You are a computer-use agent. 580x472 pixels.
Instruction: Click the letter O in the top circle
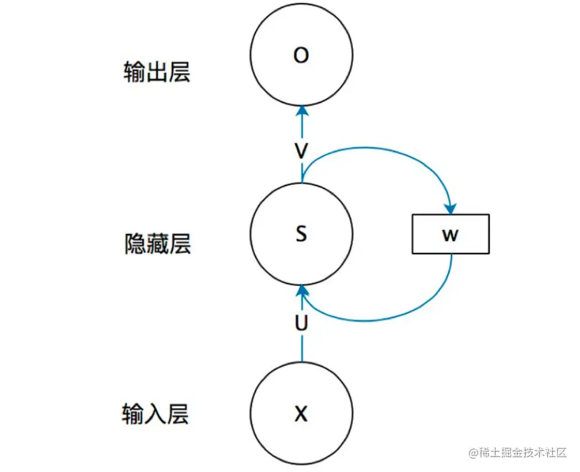tap(301, 56)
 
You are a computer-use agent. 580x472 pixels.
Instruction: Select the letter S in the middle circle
tap(301, 234)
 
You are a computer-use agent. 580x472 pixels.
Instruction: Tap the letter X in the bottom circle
tap(301, 415)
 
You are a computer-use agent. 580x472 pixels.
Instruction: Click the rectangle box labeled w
tap(450, 234)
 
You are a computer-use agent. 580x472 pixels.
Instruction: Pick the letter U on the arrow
tap(301, 323)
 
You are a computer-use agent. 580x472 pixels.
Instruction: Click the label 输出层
tap(157, 73)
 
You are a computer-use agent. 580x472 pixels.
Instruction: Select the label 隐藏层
tap(157, 244)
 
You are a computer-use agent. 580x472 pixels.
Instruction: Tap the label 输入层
tap(156, 414)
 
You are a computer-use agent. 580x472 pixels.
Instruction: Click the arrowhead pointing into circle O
tap(301, 112)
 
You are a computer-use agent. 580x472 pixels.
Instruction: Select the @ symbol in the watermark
tap(473, 454)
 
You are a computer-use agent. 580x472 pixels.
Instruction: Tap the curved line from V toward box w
tap(381, 150)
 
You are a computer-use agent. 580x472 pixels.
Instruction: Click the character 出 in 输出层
tap(157, 73)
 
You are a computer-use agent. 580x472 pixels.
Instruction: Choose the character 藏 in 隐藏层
tap(157, 244)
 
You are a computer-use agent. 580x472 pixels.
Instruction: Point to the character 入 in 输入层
tap(156, 414)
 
